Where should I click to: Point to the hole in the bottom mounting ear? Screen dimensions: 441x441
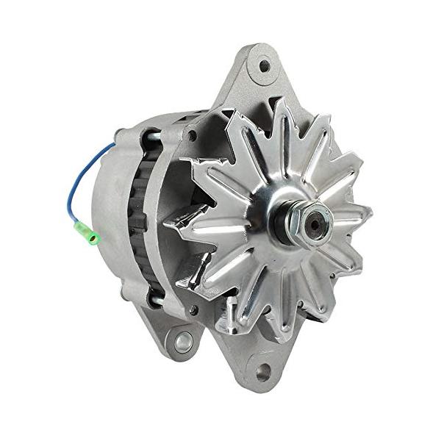(263, 372)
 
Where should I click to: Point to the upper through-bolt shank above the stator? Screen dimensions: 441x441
(150, 135)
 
